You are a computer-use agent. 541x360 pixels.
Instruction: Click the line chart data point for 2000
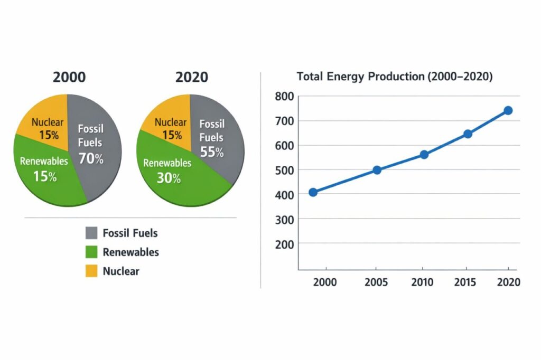pyautogui.click(x=313, y=193)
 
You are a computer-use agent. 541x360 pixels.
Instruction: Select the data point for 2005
pyautogui.click(x=377, y=170)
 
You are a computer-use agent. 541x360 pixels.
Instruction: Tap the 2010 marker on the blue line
pyautogui.click(x=424, y=155)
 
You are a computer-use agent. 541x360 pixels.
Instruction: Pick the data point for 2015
pyautogui.click(x=468, y=134)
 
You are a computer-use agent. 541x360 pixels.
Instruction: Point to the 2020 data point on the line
pyautogui.click(x=508, y=110)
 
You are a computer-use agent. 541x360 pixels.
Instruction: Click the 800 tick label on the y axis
pyautogui.click(x=284, y=97)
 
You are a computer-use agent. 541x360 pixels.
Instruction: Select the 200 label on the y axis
pyautogui.click(x=284, y=244)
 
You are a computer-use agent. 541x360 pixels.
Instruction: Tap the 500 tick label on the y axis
pyautogui.click(x=284, y=170)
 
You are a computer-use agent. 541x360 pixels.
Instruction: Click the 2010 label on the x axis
pyautogui.click(x=422, y=282)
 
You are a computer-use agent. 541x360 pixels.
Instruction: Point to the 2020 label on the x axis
pyautogui.click(x=509, y=282)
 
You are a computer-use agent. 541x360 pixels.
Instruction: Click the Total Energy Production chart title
pyautogui.click(x=395, y=76)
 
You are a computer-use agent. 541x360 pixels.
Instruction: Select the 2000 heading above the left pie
pyautogui.click(x=69, y=77)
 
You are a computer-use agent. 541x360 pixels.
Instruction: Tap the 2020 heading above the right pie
pyautogui.click(x=191, y=77)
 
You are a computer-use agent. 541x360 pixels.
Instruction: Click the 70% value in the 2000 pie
pyautogui.click(x=91, y=158)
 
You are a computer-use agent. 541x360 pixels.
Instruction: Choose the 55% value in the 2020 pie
pyautogui.click(x=212, y=151)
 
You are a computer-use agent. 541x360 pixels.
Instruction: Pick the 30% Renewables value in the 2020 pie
pyautogui.click(x=169, y=178)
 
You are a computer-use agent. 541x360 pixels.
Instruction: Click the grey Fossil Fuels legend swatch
pyautogui.click(x=91, y=233)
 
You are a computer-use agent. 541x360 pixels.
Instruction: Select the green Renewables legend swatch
pyautogui.click(x=91, y=252)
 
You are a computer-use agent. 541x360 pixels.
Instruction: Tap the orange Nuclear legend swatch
pyautogui.click(x=91, y=271)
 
